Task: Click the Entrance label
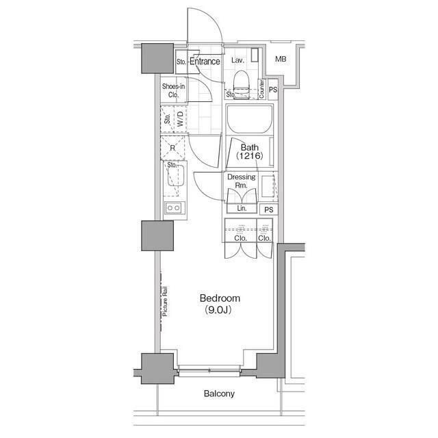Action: coord(205,62)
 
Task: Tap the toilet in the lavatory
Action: coord(241,84)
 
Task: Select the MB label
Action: coord(281,59)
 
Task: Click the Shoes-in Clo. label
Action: coord(173,90)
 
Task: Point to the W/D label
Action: coord(180,118)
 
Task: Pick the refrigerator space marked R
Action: coord(172,148)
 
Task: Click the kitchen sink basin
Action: coord(176,175)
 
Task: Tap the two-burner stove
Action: coord(173,208)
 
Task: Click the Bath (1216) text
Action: coord(249,151)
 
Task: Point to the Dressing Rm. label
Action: coord(241,181)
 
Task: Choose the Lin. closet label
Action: coord(242,208)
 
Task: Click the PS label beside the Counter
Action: coord(273,90)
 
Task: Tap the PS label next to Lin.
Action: coord(269,209)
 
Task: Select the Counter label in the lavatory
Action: coord(261,89)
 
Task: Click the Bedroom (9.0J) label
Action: coord(220,304)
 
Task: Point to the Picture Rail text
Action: coord(165,301)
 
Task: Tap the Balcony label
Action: coord(219,394)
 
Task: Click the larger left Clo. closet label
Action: coord(240,238)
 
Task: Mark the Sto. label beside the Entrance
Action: coord(181,62)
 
